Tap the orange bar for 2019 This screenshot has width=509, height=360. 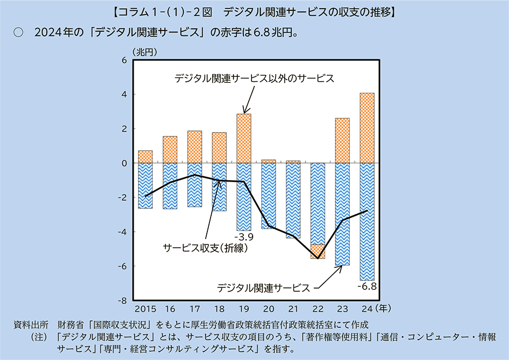(244, 138)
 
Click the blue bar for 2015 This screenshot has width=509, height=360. (145, 185)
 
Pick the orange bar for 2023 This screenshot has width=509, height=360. (342, 140)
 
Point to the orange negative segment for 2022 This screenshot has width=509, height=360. (318, 251)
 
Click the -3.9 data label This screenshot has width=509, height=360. (243, 237)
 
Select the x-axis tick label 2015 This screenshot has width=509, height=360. (145, 308)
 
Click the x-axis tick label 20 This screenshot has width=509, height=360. (268, 308)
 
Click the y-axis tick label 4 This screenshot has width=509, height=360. (124, 94)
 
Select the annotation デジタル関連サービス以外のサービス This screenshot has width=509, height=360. (254, 79)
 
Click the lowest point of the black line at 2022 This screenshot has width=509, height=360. (318, 258)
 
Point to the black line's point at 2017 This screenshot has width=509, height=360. (195, 175)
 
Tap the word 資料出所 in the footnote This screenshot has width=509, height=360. (31, 325)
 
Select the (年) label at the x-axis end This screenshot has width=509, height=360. (383, 308)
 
